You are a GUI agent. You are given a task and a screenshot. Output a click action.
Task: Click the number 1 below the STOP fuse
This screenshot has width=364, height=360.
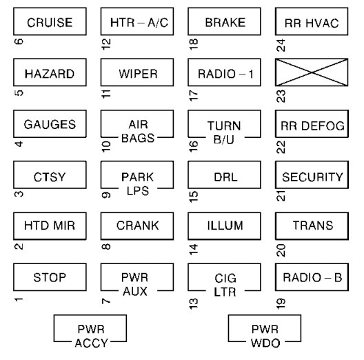[17, 301]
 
